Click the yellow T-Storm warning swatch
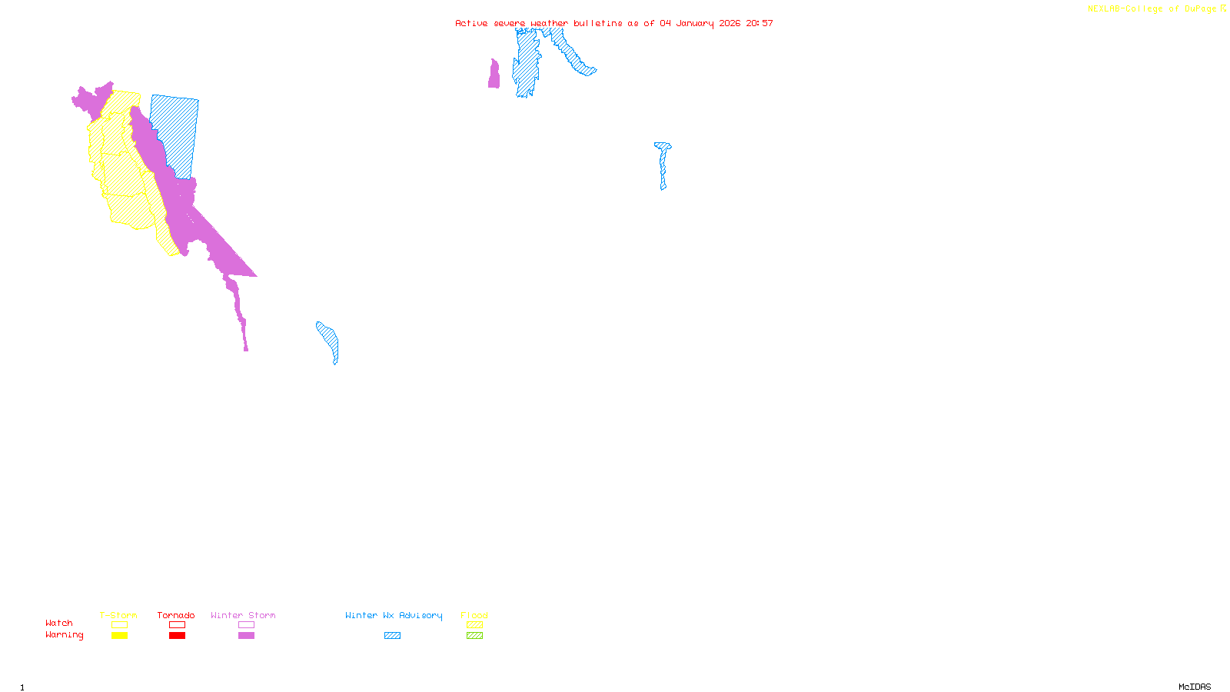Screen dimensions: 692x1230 pos(119,636)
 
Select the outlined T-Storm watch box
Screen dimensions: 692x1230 pos(119,625)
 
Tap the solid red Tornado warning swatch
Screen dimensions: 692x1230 pos(177,636)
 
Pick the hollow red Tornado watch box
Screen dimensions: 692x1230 pos(177,625)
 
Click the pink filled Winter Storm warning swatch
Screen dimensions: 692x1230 pos(246,636)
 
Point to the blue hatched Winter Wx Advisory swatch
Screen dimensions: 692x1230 pos(392,636)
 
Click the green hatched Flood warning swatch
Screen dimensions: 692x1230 pos(474,636)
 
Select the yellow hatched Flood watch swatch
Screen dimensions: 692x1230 pos(474,625)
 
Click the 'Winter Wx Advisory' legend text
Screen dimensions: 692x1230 pos(394,615)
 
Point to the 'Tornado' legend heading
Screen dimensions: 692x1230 pos(176,615)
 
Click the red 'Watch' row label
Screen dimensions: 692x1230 pos(59,623)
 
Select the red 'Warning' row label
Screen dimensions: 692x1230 pos(65,635)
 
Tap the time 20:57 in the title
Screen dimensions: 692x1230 pos(760,23)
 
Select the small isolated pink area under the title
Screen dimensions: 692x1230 pos(494,75)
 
